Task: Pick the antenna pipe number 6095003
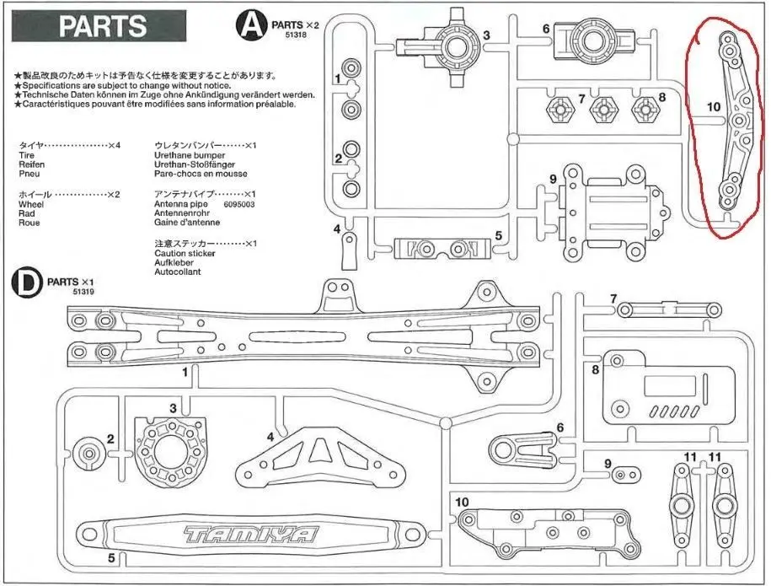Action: [x=239, y=204]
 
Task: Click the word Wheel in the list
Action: [x=29, y=204]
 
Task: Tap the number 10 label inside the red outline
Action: [x=712, y=107]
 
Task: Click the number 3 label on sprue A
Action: [x=486, y=35]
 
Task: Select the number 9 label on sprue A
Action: [x=553, y=178]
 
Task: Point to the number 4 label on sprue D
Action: [x=270, y=437]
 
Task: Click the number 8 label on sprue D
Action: [x=596, y=368]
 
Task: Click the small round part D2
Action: [x=88, y=453]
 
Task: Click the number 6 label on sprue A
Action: [x=546, y=29]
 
